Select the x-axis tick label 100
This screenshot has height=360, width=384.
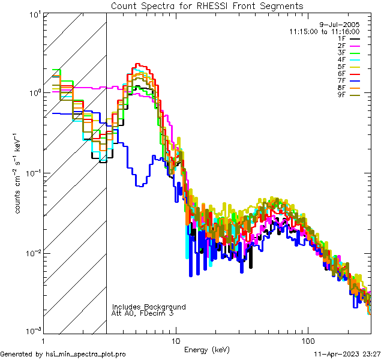(x=308, y=340)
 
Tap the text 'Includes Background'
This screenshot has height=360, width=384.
(x=149, y=307)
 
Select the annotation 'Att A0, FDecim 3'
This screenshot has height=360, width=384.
(x=143, y=313)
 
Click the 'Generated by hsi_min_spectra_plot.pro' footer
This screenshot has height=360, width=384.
(x=63, y=354)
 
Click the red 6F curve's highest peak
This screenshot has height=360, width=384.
(x=137, y=64)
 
